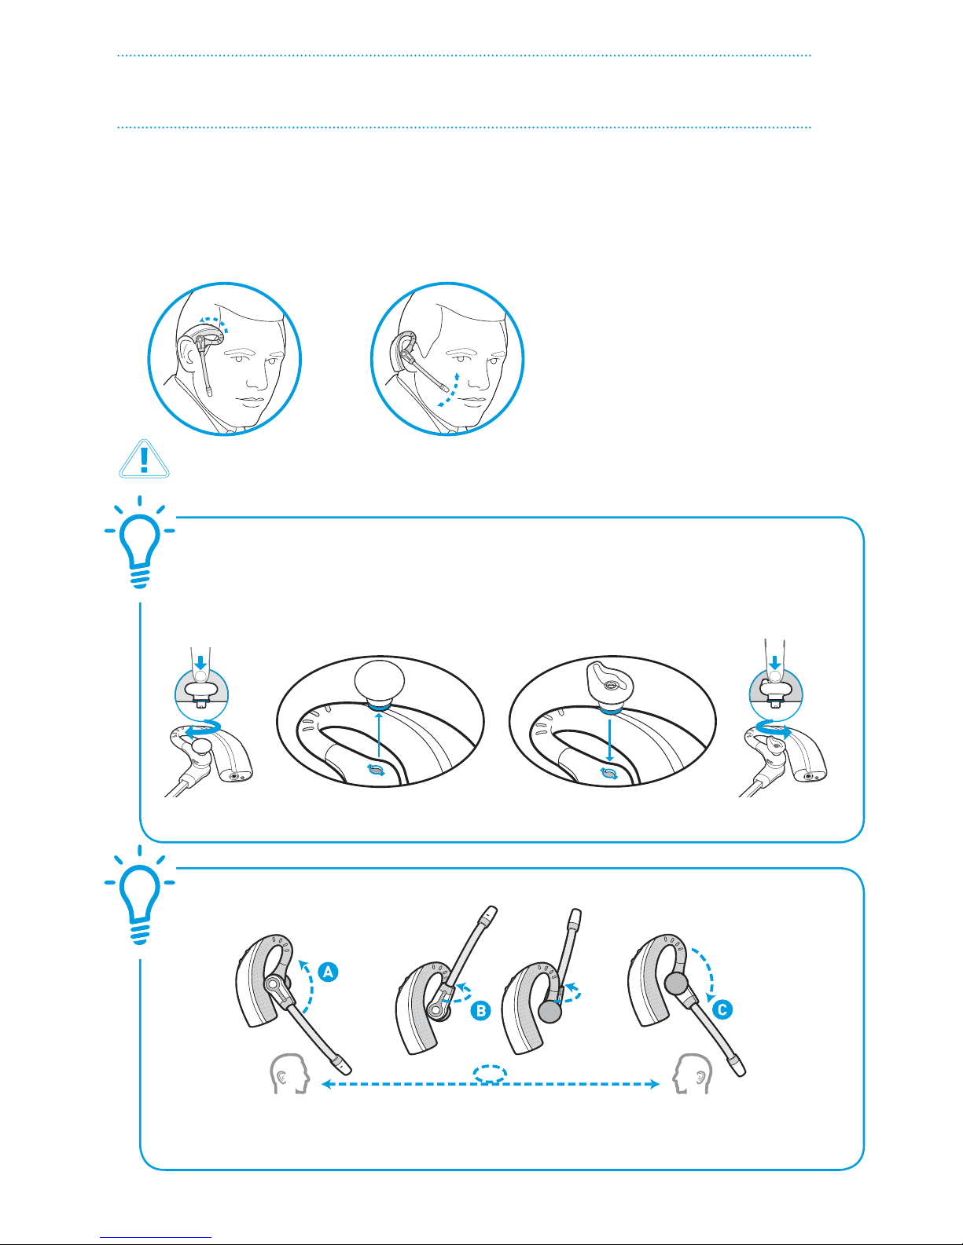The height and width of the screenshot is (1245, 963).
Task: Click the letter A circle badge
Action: point(328,972)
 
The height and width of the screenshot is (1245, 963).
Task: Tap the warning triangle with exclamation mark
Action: point(144,459)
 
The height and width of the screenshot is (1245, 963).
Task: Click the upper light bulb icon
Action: point(139,542)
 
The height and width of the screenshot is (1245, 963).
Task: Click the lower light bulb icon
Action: point(139,895)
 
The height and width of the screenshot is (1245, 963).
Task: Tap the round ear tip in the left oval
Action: point(380,682)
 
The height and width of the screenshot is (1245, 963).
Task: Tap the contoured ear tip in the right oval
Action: point(610,684)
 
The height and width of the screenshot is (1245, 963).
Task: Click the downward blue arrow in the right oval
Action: point(610,740)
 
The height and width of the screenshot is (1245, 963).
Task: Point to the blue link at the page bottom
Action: point(156,1237)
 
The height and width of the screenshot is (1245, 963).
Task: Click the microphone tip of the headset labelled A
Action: point(343,1065)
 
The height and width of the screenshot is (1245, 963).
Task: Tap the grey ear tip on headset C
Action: point(676,983)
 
